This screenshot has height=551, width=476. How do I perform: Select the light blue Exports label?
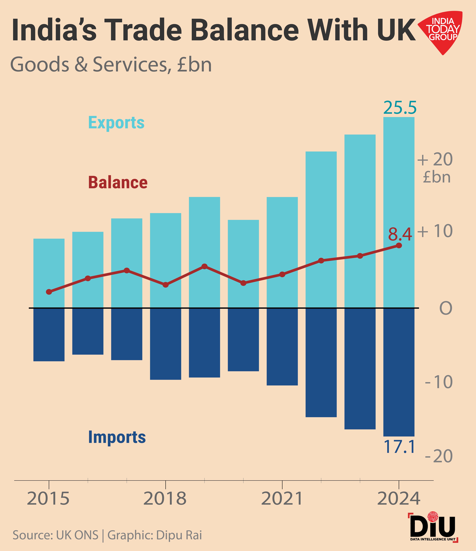tap(116, 123)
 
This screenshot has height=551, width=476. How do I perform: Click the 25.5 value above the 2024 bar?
tap(400, 108)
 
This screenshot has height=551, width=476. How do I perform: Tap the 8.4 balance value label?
tap(400, 234)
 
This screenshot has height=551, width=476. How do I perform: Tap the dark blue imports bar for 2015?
tap(49, 335)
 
